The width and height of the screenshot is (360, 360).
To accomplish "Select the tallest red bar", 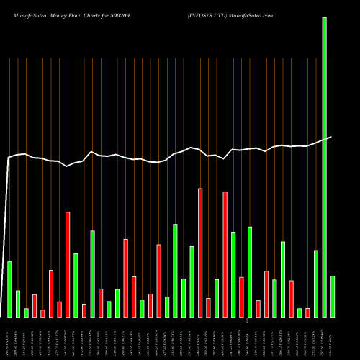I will pyautogui.click(x=200, y=253).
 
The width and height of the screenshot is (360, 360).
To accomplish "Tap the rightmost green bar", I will pyautogui.click(x=332, y=296).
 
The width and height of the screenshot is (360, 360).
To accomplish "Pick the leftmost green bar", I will pyautogui.click(x=9, y=289).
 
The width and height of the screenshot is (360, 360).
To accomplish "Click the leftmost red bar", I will pyautogui.click(x=35, y=305).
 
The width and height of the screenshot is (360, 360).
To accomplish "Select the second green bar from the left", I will pyautogui.click(x=18, y=303).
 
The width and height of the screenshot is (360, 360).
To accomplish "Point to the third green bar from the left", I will pyautogui.click(x=26, y=312).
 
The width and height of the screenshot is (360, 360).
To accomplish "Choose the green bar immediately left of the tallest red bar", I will pyautogui.click(x=192, y=282).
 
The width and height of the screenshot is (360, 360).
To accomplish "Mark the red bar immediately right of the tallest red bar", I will pyautogui.click(x=208, y=307).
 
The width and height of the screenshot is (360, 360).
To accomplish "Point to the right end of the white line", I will pyautogui.click(x=331, y=137).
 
